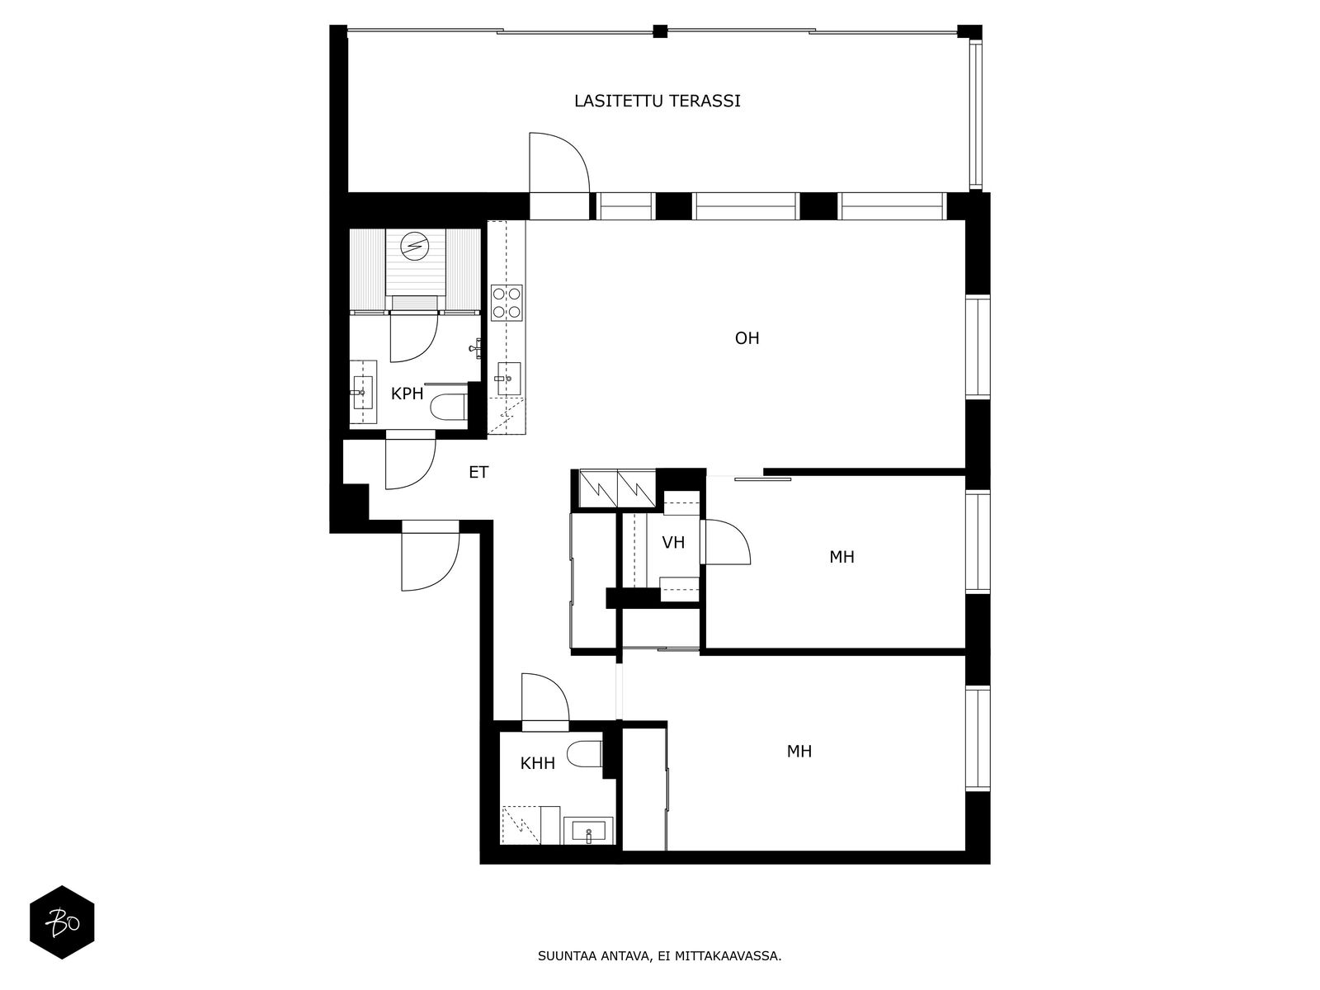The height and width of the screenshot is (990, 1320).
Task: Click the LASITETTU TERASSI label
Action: coord(657,101)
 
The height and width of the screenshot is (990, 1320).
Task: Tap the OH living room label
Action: coord(747,338)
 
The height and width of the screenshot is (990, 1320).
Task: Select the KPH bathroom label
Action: coord(407,394)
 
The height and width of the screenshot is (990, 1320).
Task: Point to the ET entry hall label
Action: coord(478,473)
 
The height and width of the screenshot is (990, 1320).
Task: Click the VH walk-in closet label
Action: coord(673,543)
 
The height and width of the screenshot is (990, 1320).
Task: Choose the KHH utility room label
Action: coord(538,763)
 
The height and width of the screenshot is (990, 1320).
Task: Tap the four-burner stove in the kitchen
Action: coord(507,302)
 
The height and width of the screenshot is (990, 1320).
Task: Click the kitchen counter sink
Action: coord(508,379)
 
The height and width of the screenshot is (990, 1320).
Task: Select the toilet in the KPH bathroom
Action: coord(450,407)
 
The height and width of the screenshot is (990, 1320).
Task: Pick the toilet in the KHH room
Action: coord(584,754)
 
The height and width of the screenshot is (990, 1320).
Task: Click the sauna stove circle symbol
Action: coord(414,246)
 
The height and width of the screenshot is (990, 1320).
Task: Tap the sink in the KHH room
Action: coord(589,832)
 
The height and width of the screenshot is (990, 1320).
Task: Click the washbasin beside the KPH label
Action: coord(363,392)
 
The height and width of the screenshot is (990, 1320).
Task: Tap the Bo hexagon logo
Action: coord(62,922)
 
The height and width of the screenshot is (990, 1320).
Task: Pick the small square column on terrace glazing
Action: coord(660,31)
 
